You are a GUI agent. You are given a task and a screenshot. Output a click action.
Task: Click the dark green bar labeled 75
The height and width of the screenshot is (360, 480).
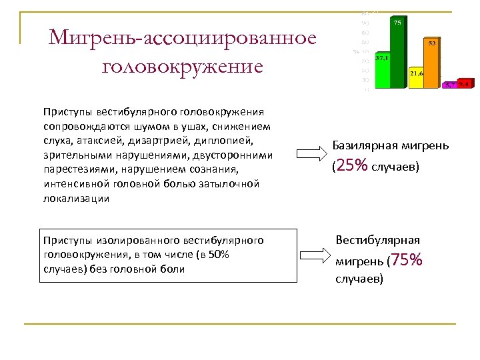coord(398,53)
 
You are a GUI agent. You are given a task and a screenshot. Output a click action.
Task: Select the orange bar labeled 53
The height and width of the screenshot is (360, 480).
coord(433,63)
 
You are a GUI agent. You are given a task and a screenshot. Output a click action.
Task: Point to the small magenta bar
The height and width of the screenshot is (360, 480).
coord(451,85)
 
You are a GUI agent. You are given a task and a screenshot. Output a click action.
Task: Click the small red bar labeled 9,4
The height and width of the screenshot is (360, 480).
coord(465,84)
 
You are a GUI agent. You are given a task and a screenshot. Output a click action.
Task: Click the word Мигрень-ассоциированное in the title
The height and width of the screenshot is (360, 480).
coord(182,37)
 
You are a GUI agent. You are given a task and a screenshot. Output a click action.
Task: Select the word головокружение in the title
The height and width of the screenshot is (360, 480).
coord(182,67)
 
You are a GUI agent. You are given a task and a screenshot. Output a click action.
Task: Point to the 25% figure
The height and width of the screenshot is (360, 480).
coord(352,166)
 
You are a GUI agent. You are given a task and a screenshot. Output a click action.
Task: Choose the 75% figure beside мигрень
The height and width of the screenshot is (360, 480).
coord(409,261)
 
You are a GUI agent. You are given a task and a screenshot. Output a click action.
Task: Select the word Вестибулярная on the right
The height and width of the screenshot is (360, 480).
coord(377,239)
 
